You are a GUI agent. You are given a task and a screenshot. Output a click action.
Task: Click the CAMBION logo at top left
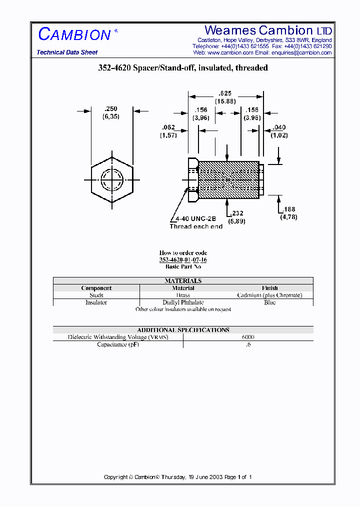pos(74,34)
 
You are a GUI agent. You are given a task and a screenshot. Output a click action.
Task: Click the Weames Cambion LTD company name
pos(268,30)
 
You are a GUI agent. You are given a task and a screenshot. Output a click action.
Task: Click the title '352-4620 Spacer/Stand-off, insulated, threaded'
pos(183,68)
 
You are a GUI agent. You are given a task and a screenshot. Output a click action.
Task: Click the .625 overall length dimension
pos(225,93)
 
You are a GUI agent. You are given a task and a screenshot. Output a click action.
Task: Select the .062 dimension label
pos(168,127)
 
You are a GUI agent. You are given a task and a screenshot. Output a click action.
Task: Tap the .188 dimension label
pos(289,209)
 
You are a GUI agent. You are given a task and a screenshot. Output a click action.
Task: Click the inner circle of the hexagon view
pos(112,179)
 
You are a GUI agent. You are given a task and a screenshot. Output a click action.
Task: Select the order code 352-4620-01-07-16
pos(183,260)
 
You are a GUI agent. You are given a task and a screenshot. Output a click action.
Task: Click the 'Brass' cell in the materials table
pos(183,295)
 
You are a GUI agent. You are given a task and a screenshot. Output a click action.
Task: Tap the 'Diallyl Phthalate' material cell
pos(183,302)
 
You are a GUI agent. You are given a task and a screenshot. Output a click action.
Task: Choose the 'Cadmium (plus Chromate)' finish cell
pos(269,295)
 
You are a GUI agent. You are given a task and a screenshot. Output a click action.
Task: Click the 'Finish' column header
pos(269,288)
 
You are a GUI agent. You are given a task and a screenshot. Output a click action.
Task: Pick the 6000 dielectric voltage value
pos(248,337)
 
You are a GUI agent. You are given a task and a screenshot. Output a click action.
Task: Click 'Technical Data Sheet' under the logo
pos(67,52)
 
